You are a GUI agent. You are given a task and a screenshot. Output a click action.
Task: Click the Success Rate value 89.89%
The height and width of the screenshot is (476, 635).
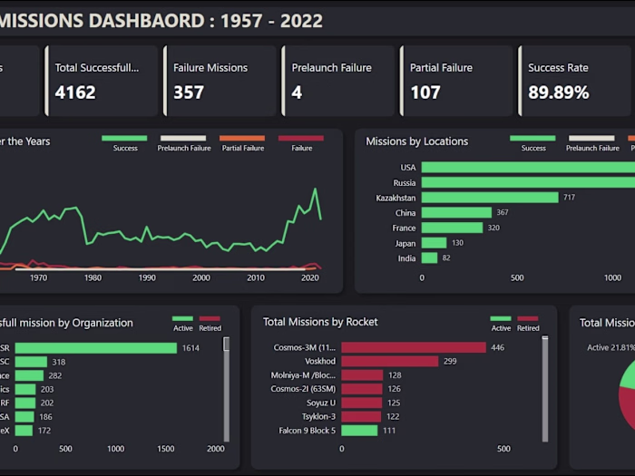[x=559, y=92]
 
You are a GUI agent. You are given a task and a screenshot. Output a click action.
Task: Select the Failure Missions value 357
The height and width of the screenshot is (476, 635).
[x=189, y=92]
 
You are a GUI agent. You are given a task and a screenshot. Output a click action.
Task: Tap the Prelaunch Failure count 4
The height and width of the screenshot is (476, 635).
[x=297, y=92]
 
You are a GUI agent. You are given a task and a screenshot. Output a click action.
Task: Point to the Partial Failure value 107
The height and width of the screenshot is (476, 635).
[x=425, y=92]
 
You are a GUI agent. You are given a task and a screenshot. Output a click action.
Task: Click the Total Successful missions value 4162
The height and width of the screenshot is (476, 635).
[x=75, y=92]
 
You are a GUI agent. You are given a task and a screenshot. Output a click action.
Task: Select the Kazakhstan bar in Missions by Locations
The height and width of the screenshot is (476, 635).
[x=490, y=198]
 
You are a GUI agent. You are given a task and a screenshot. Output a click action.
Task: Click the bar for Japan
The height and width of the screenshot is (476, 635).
[x=435, y=243]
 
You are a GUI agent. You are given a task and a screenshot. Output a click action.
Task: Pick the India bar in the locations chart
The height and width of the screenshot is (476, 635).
[x=430, y=258]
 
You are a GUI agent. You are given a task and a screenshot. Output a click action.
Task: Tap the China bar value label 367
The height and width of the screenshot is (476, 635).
[x=503, y=213]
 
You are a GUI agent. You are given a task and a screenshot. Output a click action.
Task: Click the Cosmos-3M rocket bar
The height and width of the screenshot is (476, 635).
[x=414, y=347]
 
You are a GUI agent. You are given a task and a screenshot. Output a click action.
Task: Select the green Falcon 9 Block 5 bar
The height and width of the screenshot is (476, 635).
[x=359, y=431]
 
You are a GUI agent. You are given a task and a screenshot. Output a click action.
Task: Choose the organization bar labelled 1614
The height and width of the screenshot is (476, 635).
[x=95, y=348]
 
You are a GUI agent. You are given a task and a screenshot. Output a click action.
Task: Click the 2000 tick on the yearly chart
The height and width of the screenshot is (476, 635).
[x=201, y=278]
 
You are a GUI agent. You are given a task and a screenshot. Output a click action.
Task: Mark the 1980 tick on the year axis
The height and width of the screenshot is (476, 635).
[x=93, y=278]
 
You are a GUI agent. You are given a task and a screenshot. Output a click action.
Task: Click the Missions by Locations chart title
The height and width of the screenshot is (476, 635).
[x=416, y=141]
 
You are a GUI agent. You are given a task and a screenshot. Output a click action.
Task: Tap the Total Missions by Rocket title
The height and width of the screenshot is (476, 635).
[x=320, y=322]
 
